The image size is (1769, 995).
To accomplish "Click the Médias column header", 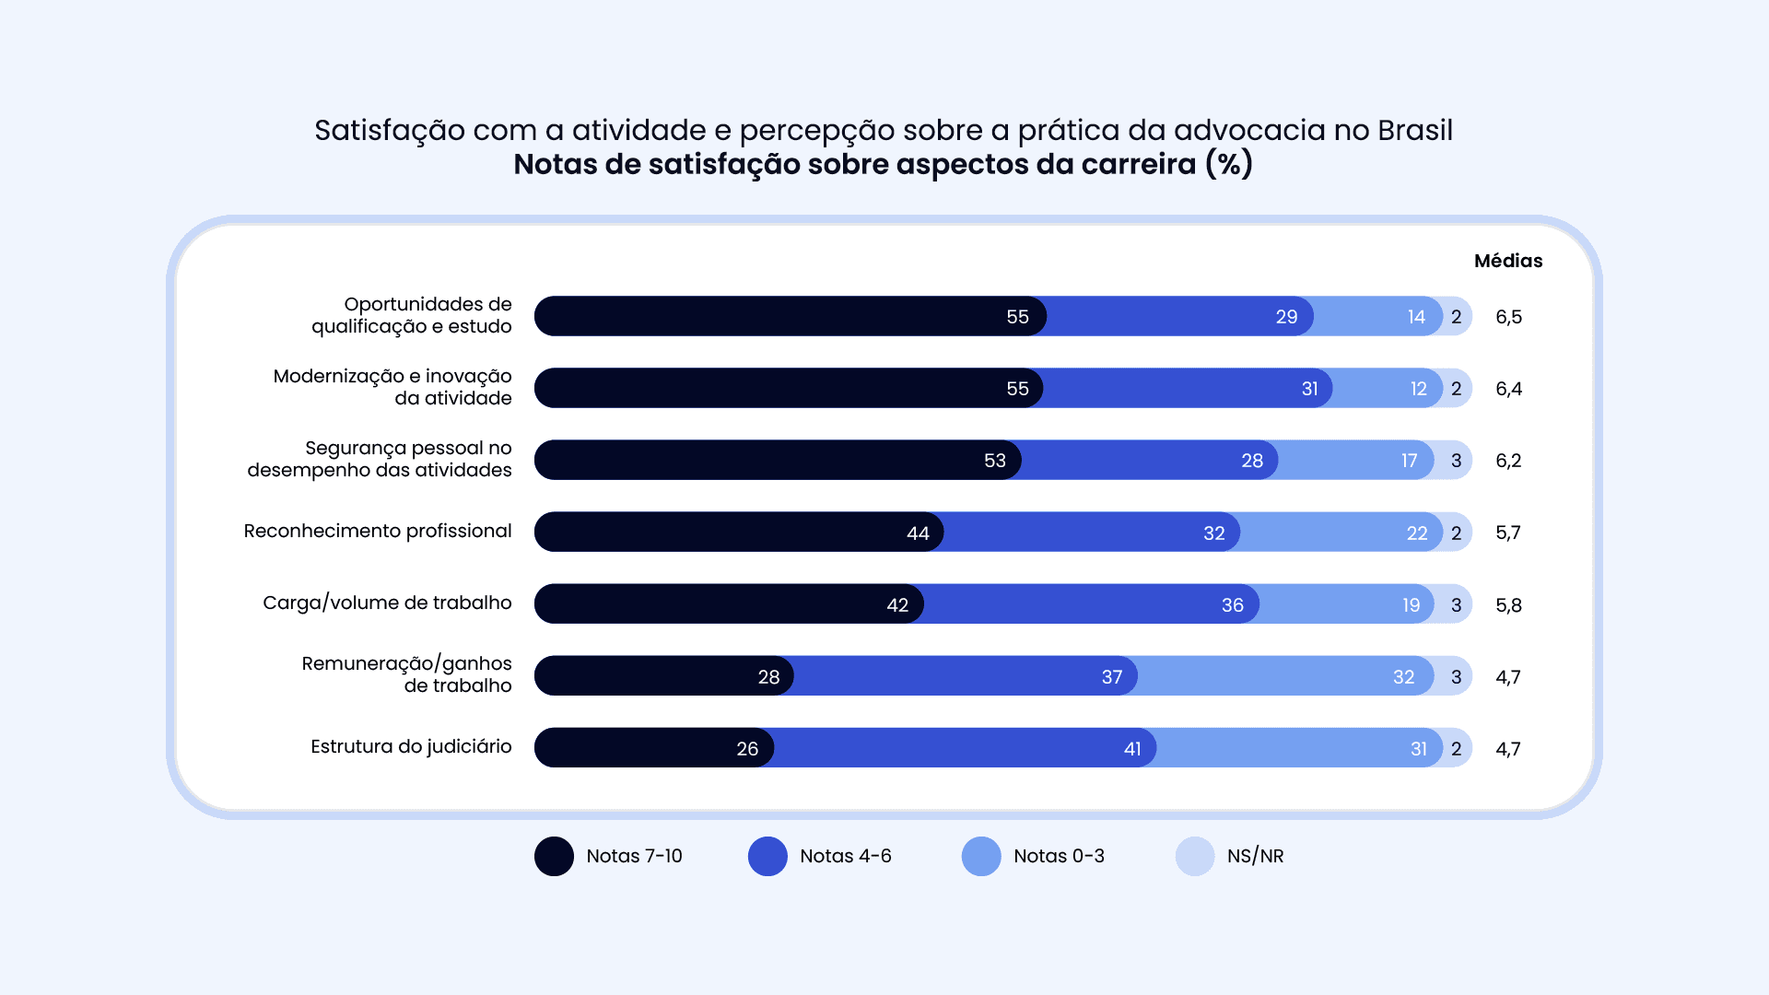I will [1508, 261].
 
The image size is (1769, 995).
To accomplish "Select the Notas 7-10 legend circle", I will [554, 856].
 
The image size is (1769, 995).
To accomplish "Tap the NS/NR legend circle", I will [1195, 856].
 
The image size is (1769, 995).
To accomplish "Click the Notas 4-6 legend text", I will [845, 856].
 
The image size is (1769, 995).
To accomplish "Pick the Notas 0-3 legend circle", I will [981, 856].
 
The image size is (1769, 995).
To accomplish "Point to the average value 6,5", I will [1508, 317].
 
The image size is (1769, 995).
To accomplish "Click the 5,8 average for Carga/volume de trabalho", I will [1508, 605].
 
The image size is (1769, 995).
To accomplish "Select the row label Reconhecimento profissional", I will [377, 531].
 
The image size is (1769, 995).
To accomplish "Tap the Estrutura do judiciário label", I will [411, 746].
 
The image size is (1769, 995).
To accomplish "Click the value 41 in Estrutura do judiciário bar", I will [1132, 749].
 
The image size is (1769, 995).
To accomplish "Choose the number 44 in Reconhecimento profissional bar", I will [918, 533].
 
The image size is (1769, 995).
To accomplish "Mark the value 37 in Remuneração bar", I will [1112, 677].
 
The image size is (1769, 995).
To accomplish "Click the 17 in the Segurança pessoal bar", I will [1409, 461].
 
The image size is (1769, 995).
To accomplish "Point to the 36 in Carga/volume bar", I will [1232, 605].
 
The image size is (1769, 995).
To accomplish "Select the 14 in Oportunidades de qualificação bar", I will [1416, 317].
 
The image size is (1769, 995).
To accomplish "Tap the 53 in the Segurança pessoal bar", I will [995, 461].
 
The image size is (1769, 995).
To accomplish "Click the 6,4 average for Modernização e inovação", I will [1508, 389].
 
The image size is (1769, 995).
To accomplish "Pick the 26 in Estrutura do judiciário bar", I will [747, 749].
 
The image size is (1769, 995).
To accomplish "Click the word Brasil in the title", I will [1415, 130].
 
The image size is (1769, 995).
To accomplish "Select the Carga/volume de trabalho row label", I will [387, 603].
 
